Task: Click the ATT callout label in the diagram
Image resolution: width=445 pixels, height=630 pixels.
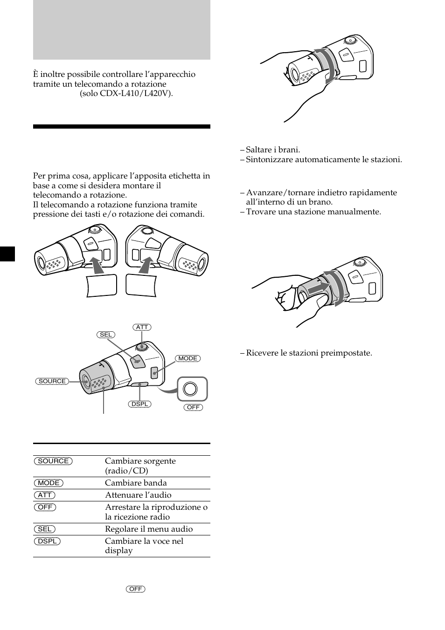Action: pyautogui.click(x=142, y=327)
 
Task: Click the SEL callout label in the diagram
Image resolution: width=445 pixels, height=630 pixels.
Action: pyautogui.click(x=106, y=335)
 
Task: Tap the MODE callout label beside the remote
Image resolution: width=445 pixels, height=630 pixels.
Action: pyautogui.click(x=188, y=358)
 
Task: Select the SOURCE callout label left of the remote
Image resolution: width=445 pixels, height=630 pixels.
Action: pyautogui.click(x=52, y=381)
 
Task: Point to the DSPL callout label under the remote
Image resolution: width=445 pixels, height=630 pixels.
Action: pyautogui.click(x=139, y=404)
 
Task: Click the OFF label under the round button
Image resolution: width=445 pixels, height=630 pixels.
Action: pyautogui.click(x=193, y=407)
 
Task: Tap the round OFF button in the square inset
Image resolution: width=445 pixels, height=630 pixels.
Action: pyautogui.click(x=190, y=389)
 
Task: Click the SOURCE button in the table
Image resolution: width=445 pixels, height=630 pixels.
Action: pyautogui.click(x=53, y=461)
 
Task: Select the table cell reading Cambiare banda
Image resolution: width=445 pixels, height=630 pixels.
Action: pyautogui.click(x=136, y=483)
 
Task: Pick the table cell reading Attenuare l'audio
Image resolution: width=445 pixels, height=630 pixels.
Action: pyautogui.click(x=138, y=495)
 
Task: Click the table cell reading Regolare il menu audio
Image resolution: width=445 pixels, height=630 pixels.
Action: pyautogui.click(x=149, y=529)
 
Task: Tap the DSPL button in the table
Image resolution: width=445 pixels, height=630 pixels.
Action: pyautogui.click(x=47, y=541)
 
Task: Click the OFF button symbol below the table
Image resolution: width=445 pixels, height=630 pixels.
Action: pyautogui.click(x=135, y=589)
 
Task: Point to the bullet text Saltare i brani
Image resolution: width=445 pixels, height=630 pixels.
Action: pyautogui.click(x=273, y=150)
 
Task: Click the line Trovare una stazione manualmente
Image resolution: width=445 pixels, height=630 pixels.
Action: pyautogui.click(x=313, y=212)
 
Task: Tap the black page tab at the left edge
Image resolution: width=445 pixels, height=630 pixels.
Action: pyautogui.click(x=7, y=253)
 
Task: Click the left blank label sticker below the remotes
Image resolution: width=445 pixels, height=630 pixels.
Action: pyautogui.click(x=101, y=285)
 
